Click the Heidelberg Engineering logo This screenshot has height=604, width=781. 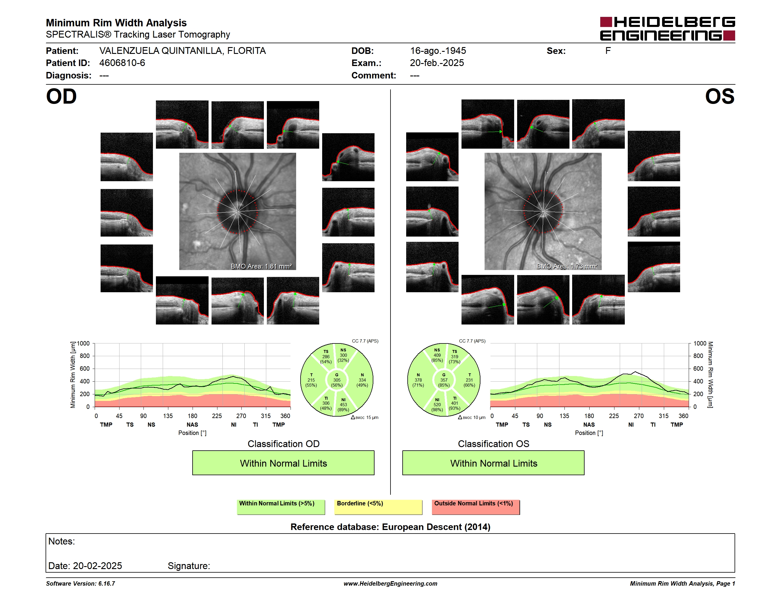tap(667, 29)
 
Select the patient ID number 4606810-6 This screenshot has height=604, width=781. tap(122, 63)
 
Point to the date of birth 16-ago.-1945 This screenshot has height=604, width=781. tap(438, 51)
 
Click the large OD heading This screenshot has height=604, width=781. tap(61, 97)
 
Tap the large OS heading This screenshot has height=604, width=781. tap(719, 97)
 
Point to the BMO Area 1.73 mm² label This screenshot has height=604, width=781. tap(567, 266)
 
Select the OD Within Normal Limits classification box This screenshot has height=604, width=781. tap(283, 463)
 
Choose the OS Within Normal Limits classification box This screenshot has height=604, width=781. tap(493, 463)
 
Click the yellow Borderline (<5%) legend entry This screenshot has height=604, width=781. tap(378, 507)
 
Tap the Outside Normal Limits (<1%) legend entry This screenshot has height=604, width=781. tap(476, 507)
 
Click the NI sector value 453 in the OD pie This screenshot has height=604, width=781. tap(343, 405)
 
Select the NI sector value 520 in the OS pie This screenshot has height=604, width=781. tap(437, 405)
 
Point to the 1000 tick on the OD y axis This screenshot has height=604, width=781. tap(83, 343)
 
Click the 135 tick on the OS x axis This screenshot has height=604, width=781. tap(564, 416)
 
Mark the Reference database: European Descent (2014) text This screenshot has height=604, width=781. tap(390, 527)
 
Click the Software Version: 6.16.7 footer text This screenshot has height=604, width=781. tap(80, 584)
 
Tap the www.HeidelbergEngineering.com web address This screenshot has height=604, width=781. tap(390, 584)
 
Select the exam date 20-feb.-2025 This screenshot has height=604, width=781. tap(437, 63)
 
